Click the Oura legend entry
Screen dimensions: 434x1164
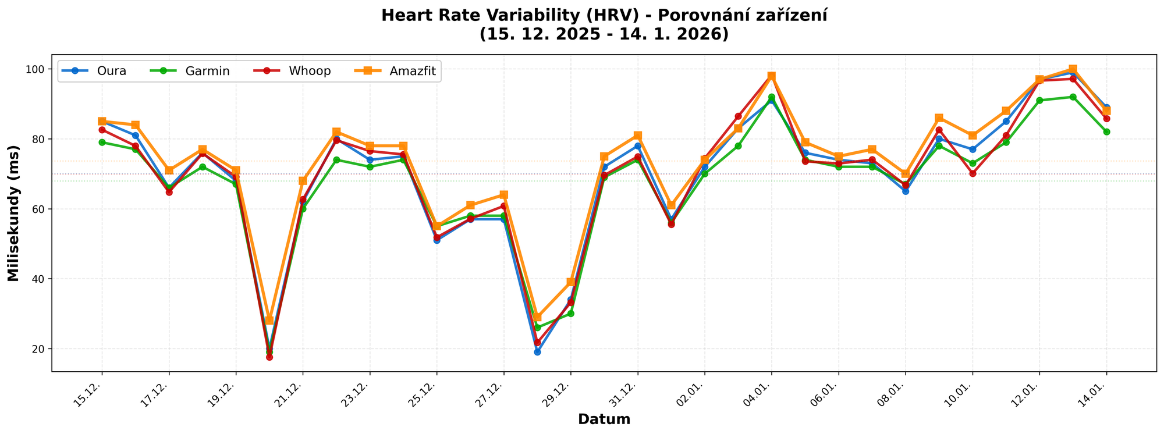tap(111, 72)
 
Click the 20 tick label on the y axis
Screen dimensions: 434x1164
tap(40, 349)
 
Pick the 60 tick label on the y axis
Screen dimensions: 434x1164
tap(40, 209)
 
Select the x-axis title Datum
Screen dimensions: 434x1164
tap(604, 419)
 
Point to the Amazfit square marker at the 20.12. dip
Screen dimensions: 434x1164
tap(269, 321)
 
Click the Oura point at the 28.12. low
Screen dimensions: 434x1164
tap(537, 352)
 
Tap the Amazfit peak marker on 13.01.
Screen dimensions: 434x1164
tap(1073, 69)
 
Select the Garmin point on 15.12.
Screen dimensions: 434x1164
tap(102, 143)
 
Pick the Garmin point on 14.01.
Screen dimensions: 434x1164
tap(1106, 132)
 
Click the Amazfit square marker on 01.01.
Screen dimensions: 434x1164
tap(671, 205)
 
